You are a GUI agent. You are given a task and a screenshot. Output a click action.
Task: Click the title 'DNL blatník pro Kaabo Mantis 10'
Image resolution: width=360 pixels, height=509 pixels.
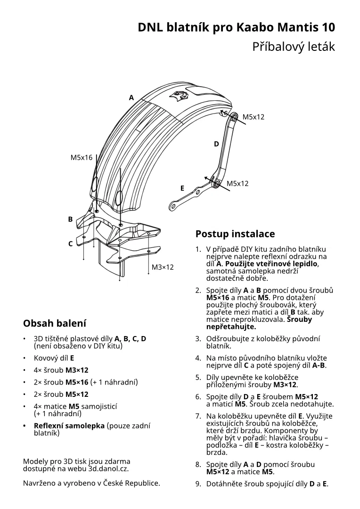pyautogui.click(x=237, y=27)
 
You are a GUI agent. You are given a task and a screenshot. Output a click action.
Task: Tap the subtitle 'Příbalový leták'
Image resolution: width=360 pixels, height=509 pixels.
pyautogui.click(x=294, y=47)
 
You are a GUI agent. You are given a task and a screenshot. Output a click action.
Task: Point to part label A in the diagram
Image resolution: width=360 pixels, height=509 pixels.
pyautogui.click(x=131, y=98)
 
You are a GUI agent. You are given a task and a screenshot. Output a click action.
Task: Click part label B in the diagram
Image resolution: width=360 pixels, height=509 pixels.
pyautogui.click(x=70, y=219)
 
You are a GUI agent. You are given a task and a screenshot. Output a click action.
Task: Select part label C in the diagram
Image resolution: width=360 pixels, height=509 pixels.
pyautogui.click(x=70, y=244)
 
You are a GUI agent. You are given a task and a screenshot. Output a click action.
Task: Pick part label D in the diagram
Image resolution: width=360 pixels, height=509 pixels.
pyautogui.click(x=216, y=144)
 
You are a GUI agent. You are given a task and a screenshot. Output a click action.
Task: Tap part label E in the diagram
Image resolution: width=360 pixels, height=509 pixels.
pyautogui.click(x=182, y=188)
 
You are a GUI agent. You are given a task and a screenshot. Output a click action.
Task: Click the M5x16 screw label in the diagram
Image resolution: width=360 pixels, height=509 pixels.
pyautogui.click(x=82, y=157)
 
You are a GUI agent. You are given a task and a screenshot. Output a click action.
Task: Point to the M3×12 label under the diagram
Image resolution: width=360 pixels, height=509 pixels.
pyautogui.click(x=163, y=267)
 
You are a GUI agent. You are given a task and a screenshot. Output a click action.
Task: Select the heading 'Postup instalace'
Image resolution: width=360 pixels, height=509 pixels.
pyautogui.click(x=235, y=234)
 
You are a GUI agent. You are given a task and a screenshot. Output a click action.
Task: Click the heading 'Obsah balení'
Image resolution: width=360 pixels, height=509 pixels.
pyautogui.click(x=55, y=323)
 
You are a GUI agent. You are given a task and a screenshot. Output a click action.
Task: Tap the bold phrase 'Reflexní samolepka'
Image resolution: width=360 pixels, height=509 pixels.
pyautogui.click(x=69, y=426)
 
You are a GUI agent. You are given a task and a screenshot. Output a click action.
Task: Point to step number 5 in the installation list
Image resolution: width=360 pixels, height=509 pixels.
pyautogui.click(x=198, y=377)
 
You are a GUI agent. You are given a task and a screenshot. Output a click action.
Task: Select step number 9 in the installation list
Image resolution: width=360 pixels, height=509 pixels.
pyautogui.click(x=198, y=484)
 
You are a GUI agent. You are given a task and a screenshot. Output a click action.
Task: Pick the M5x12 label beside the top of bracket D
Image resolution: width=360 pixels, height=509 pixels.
pyautogui.click(x=254, y=117)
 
